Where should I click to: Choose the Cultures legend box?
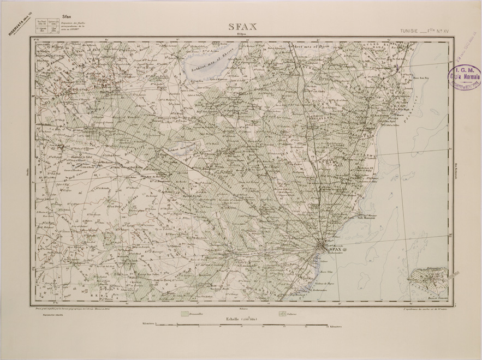[x=283, y=314]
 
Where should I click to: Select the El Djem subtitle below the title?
[x=240, y=35]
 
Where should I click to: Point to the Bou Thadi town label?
[x=105, y=92]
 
